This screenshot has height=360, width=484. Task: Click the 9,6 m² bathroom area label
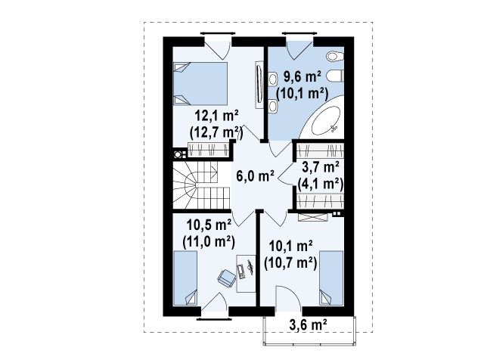[x=302, y=77]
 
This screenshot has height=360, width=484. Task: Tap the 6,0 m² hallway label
[x=255, y=176]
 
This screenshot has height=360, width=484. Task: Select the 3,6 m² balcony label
[x=308, y=324]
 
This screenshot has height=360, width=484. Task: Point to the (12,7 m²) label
[x=216, y=132]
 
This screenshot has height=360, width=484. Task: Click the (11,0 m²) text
[x=209, y=242]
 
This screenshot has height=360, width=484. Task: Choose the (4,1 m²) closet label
[x=321, y=184]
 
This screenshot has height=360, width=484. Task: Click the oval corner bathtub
[x=326, y=120]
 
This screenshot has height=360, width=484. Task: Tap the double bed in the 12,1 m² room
[x=200, y=84]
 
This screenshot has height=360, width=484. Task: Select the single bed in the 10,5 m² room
[x=185, y=278]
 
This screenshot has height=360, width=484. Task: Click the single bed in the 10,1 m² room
[x=331, y=278]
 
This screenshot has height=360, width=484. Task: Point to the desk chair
[x=227, y=278]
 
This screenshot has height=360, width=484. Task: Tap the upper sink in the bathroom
[x=272, y=79]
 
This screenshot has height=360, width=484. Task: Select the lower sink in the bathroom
[x=272, y=106]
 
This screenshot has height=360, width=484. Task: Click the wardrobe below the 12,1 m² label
[x=209, y=150]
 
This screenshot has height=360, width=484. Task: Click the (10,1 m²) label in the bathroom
[x=302, y=93]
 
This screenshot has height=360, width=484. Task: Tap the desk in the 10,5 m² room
[x=246, y=274]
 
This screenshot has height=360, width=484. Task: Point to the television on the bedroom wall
[x=259, y=84]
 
